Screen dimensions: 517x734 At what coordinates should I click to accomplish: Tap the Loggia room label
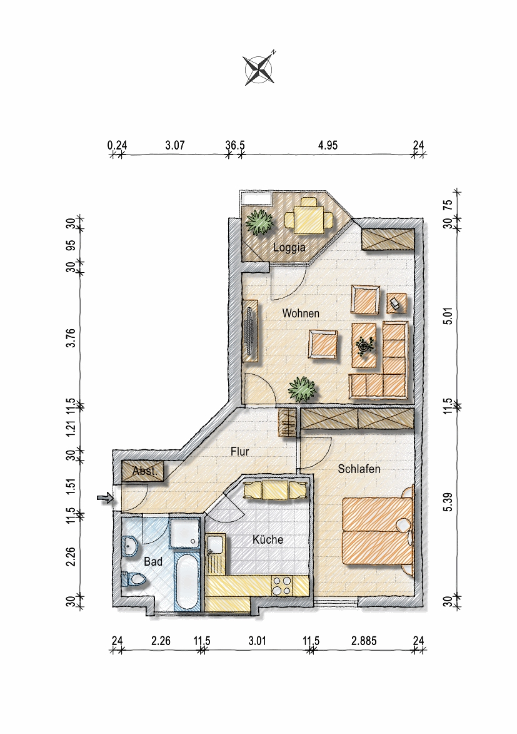coord(289,247)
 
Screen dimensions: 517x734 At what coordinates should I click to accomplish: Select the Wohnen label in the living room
coord(301,313)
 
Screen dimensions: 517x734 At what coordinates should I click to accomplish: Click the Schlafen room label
coord(359,469)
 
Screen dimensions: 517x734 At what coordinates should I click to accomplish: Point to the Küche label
coord(268,540)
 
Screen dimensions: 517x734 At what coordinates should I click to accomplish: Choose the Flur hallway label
coord(239,452)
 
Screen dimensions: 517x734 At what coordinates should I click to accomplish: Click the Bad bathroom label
coord(153,561)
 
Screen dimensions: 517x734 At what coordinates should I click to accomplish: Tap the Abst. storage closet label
coord(144,471)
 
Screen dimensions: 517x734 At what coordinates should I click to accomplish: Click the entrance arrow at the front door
coord(105,498)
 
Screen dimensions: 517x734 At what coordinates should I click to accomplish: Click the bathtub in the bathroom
coord(187,581)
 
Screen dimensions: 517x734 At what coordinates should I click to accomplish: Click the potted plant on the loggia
coord(259,222)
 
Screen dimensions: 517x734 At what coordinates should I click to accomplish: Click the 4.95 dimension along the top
coord(328,145)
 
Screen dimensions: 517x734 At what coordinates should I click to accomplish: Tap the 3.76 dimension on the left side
coord(71,338)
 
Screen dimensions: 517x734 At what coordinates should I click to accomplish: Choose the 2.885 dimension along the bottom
coord(364,640)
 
